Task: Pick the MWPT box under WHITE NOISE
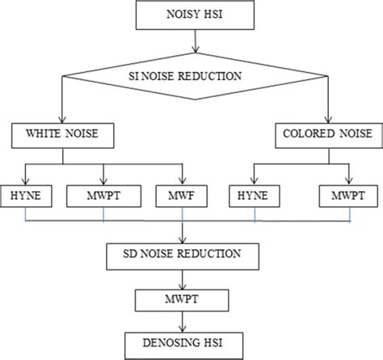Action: point(104,195)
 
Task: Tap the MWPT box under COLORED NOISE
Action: point(349,195)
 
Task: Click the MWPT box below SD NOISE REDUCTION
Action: point(185,301)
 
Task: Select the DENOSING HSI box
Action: point(185,344)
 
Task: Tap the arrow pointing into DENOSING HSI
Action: point(185,323)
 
